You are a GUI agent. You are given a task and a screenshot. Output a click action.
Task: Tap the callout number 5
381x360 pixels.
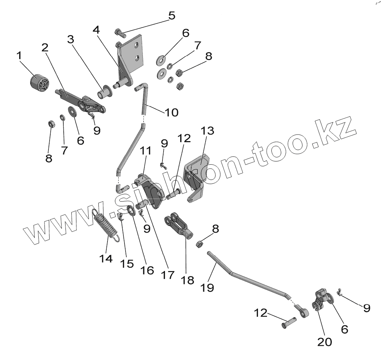tap(172, 16)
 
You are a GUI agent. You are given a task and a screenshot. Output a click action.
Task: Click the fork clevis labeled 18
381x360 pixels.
tap(179, 225)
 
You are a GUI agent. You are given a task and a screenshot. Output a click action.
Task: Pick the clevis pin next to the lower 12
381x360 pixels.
tap(289, 322)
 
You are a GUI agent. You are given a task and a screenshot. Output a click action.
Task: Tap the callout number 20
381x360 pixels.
tap(324, 342)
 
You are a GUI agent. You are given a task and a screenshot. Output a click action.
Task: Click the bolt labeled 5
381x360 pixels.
tap(120, 33)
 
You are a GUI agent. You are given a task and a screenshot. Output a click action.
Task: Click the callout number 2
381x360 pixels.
tap(45, 47)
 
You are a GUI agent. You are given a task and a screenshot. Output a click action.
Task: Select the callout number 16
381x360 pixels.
tap(147, 270)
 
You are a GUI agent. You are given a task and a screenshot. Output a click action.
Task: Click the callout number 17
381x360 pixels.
tap(168, 275)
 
